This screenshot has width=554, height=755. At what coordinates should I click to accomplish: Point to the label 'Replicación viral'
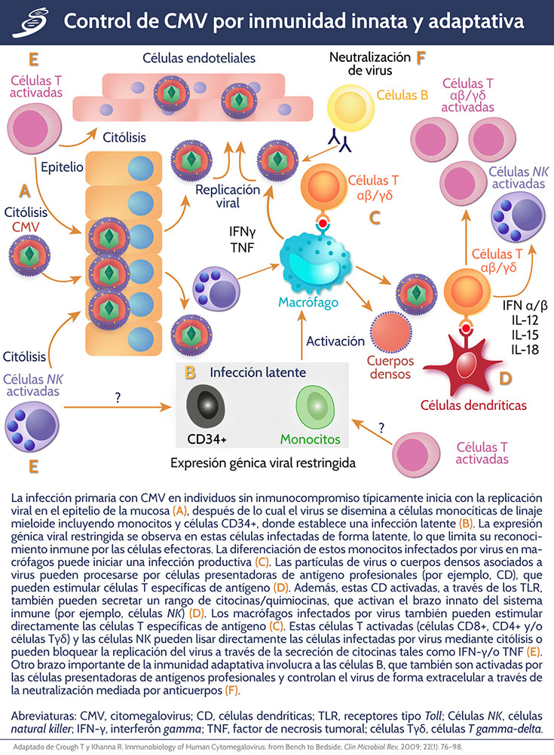point(217,195)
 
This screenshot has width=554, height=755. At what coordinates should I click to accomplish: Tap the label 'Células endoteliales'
point(199,57)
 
